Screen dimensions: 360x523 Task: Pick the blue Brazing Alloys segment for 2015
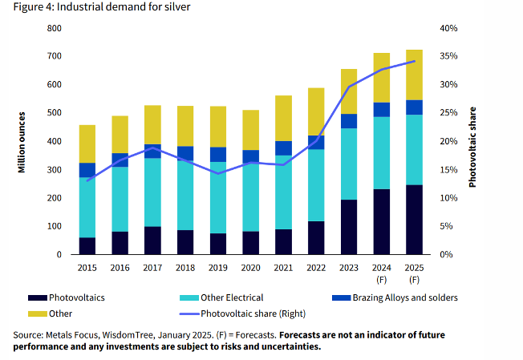[x=87, y=170]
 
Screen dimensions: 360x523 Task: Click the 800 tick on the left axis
[x=55, y=29]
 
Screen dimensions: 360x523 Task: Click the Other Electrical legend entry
[x=230, y=297]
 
